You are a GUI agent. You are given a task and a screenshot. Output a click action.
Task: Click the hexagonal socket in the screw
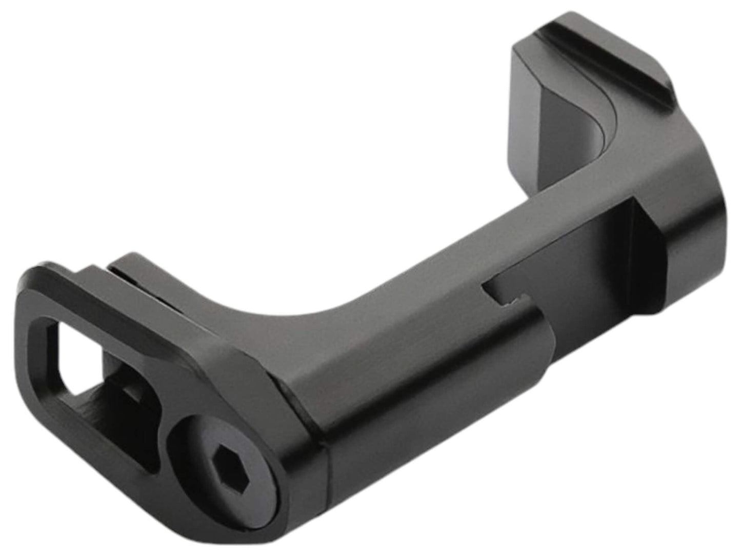224,461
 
